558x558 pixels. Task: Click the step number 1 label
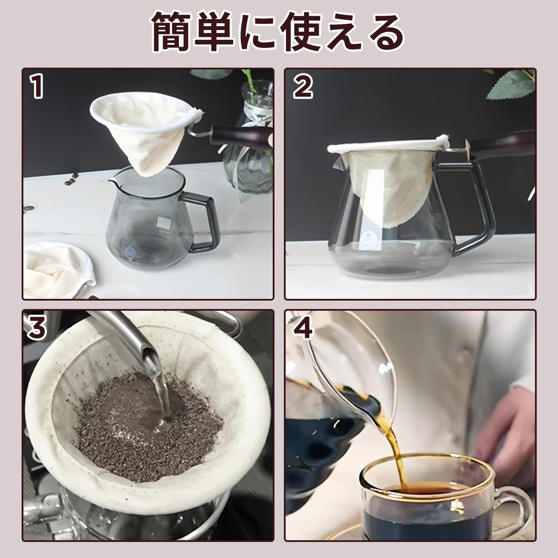[37, 87]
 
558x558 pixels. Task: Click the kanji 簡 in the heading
[173, 32]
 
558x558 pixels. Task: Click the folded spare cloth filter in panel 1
[54, 270]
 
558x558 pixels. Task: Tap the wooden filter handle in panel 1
[240, 135]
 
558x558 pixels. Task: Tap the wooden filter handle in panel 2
[501, 144]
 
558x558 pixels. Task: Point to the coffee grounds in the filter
[147, 425]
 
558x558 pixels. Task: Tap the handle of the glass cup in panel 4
[518, 507]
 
